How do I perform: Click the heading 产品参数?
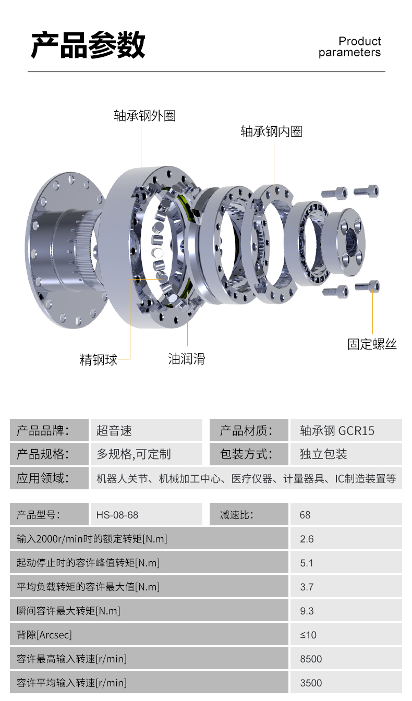(x=88, y=45)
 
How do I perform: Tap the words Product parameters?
(x=349, y=46)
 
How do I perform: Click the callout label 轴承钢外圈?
(x=144, y=116)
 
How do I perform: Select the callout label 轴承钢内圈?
(x=271, y=131)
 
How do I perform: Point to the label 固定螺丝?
(x=372, y=344)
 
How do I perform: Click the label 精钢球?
(x=98, y=359)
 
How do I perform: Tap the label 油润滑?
(x=187, y=359)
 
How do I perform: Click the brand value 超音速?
(x=114, y=431)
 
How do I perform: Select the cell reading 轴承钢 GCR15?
(x=337, y=431)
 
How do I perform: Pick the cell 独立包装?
(x=323, y=454)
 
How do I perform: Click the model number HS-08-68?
(x=117, y=515)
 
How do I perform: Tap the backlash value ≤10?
(x=308, y=635)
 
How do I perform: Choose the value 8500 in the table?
(x=311, y=659)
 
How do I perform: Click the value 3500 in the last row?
(x=311, y=683)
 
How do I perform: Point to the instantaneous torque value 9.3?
(x=307, y=611)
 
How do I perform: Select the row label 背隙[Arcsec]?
(x=44, y=635)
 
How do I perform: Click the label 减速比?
(x=236, y=515)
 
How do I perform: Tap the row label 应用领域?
(x=43, y=478)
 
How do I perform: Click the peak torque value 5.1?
(x=307, y=563)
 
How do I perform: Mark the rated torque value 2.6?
(x=307, y=539)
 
